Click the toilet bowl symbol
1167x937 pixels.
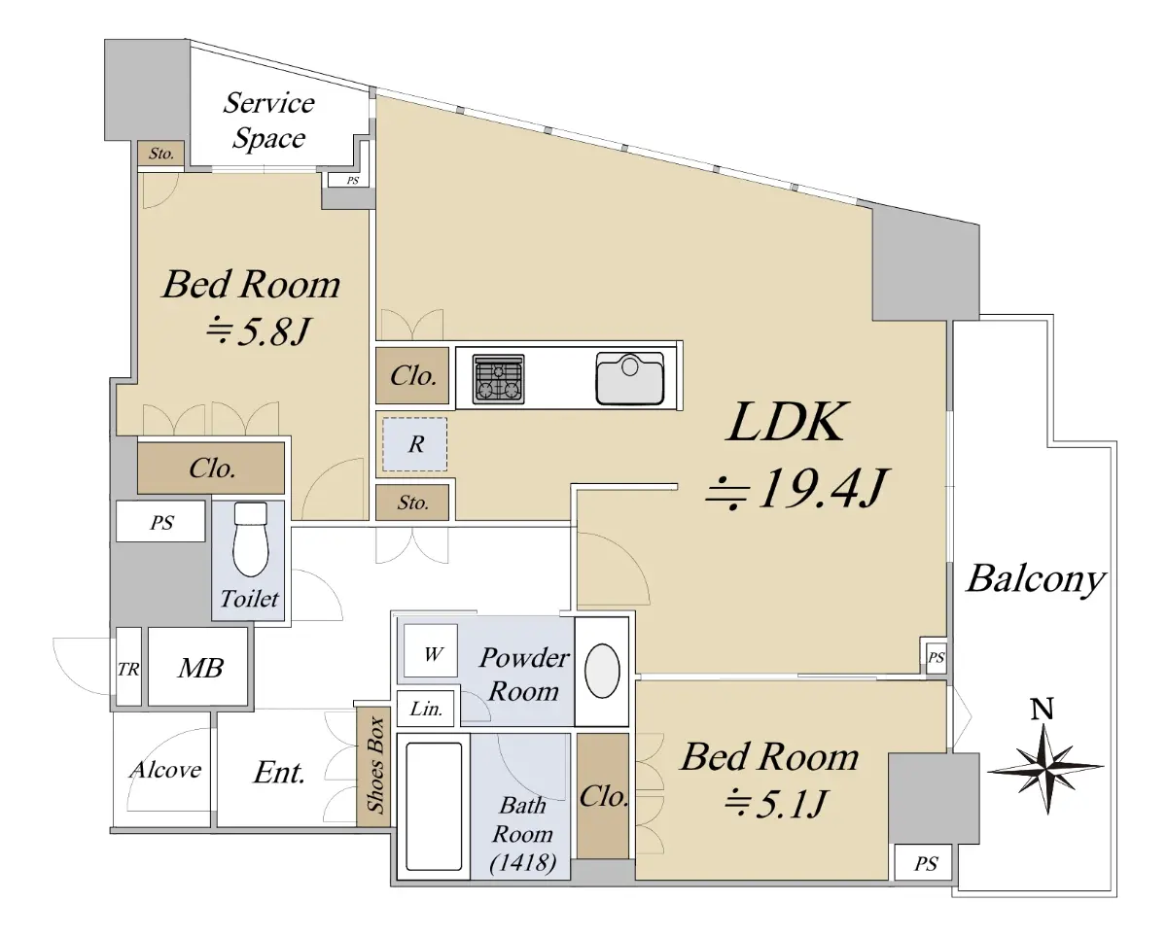tap(251, 539)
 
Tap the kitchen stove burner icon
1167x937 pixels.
tap(498, 379)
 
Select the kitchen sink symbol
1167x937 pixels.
tap(629, 378)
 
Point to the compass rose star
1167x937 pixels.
tap(1045, 767)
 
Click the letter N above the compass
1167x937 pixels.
tap(1042, 709)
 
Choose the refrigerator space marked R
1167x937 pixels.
tap(415, 444)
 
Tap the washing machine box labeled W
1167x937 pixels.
tap(431, 650)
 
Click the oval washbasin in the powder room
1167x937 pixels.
tap(602, 671)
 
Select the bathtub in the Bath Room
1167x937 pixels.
tap(434, 807)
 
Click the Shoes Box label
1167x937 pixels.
tap(374, 765)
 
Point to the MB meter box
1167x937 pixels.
tap(200, 668)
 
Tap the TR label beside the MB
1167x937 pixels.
tap(128, 670)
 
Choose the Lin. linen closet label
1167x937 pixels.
tap(426, 709)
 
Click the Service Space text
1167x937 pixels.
tap(268, 121)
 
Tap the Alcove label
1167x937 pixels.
tap(165, 770)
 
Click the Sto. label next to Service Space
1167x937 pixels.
tap(161, 154)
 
